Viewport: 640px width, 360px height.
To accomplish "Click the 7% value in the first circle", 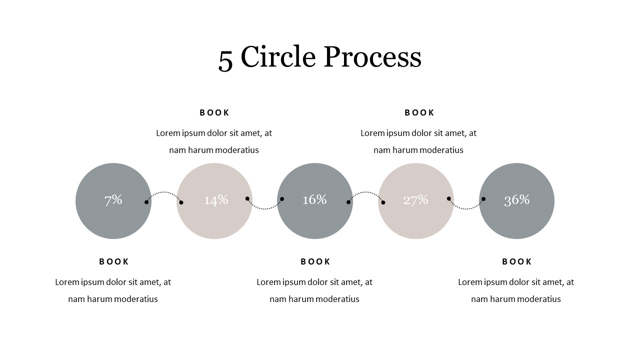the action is pos(113,200).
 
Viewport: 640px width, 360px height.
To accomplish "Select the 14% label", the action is pos(216,200).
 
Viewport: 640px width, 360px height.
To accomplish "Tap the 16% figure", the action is pos(314,199).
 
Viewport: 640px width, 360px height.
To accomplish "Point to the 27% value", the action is pos(415,200).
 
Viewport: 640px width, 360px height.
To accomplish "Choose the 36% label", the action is pos(517,200).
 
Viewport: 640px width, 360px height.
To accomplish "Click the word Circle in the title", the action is pos(278,56).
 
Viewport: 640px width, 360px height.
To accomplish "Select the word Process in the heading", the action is pos(372,56).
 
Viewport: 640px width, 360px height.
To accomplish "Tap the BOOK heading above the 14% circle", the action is pos(214,113).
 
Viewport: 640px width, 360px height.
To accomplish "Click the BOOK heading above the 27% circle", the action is pos(419,113).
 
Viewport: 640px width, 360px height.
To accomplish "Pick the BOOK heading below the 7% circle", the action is pos(113,261).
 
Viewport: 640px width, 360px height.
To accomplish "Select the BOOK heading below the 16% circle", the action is pos(315,261).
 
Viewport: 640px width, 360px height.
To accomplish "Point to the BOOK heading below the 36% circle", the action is pos(516,261).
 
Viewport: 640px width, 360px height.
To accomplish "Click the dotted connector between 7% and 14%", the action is pos(163,192).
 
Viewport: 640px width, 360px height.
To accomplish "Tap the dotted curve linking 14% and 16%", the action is pos(264,209).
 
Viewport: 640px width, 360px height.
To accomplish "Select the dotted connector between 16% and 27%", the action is pos(365,192).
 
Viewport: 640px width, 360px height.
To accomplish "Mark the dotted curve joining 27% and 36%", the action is pos(466,209).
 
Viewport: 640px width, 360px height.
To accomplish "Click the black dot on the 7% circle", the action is pos(146,202).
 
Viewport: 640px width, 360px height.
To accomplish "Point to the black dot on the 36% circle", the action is pos(483,199).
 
